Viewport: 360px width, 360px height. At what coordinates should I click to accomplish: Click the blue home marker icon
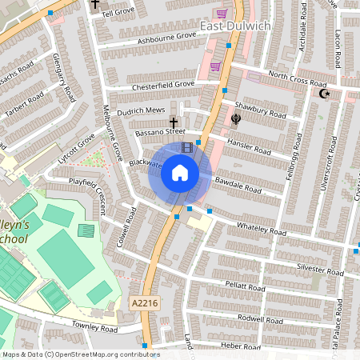[180, 172]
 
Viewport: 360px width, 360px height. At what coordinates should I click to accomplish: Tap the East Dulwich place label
[235, 26]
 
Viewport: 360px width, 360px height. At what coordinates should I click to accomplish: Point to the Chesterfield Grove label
[163, 84]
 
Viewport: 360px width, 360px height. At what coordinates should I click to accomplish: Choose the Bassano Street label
[160, 131]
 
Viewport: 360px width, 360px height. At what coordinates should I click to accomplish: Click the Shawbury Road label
[260, 114]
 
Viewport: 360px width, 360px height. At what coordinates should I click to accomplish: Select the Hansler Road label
[250, 146]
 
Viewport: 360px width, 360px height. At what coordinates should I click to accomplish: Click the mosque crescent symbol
[324, 94]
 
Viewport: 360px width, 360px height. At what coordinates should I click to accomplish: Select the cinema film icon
[187, 147]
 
